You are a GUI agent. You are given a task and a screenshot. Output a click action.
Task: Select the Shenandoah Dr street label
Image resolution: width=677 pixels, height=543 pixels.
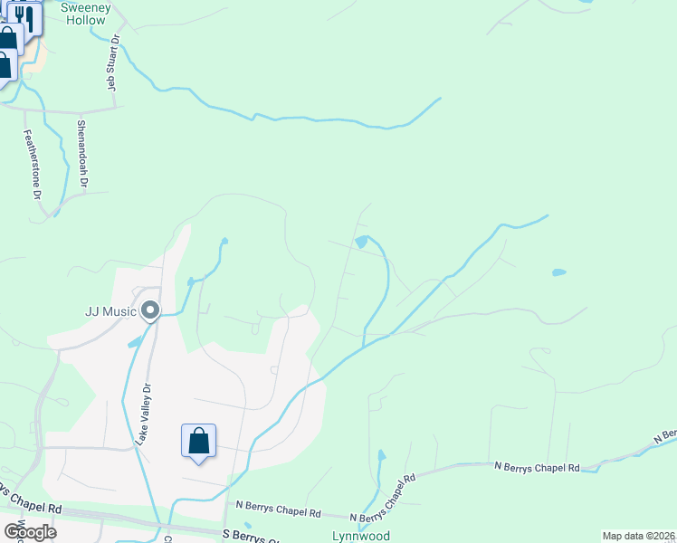[x=81, y=154]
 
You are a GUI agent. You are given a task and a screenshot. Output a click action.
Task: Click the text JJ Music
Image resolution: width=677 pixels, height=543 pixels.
[x=110, y=311]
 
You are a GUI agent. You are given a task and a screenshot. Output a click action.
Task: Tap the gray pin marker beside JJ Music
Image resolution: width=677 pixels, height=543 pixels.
[x=151, y=310]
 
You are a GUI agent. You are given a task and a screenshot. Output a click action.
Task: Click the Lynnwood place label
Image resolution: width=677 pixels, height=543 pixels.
[x=360, y=536]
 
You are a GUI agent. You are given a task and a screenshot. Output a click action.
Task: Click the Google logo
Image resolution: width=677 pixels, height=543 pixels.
[x=30, y=531]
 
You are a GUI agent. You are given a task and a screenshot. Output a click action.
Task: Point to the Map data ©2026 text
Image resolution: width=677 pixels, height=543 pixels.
[x=639, y=536]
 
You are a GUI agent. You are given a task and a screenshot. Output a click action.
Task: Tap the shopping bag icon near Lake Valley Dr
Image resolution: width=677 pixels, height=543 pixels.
[x=199, y=442]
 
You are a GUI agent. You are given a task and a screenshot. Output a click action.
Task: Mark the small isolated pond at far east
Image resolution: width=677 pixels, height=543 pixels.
[x=558, y=271]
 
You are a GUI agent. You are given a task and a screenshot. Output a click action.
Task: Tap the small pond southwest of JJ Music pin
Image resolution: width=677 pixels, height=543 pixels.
[x=134, y=341]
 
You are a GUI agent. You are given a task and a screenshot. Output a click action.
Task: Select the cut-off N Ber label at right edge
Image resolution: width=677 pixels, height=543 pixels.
[x=665, y=437]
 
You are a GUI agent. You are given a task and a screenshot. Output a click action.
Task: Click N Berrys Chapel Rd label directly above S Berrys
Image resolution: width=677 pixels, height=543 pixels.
[x=278, y=512]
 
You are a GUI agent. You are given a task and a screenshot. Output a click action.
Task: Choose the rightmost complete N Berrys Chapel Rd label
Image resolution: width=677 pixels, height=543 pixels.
[x=537, y=467]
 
